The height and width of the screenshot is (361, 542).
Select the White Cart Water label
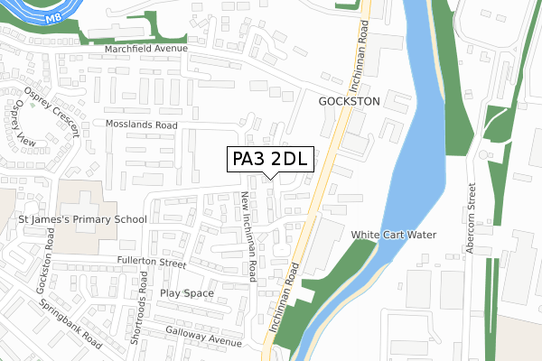pyautogui.click(x=394, y=235)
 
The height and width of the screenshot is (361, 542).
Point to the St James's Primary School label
pyautogui.click(x=77, y=219)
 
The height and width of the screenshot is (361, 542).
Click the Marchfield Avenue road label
pyautogui.click(x=145, y=48)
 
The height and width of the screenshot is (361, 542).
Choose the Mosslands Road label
pyautogui.click(x=141, y=125)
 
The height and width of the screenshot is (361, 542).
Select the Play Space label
pyautogui.click(x=187, y=293)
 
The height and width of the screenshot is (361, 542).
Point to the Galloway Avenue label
pyautogui.click(x=203, y=337)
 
